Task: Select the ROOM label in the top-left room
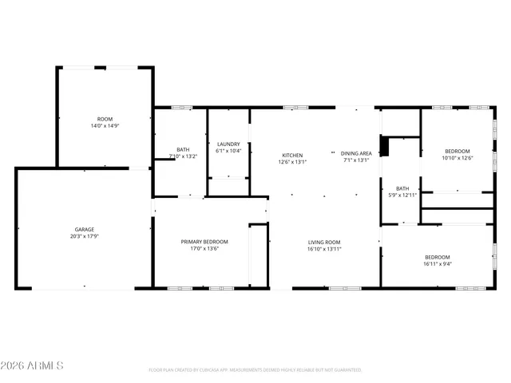[105, 119]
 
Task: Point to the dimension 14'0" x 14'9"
[105, 126]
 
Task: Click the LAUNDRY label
[228, 144]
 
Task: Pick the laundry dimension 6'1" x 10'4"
[228, 151]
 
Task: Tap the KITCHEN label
[292, 155]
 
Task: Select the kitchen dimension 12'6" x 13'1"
[292, 161]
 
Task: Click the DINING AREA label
[356, 153]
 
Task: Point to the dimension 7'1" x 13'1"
[356, 160]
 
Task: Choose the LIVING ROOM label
[325, 242]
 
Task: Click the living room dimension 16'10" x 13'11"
[325, 249]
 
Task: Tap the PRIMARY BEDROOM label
[204, 242]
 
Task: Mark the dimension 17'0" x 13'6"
[204, 249]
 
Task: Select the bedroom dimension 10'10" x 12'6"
[458, 158]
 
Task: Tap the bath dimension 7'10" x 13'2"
[183, 156]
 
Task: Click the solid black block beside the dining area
[383, 147]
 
